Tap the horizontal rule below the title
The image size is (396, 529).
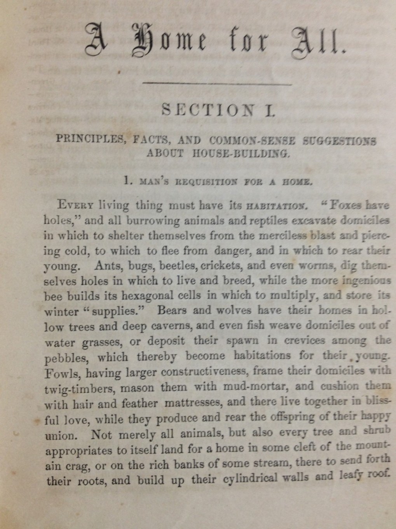pos(218,84)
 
